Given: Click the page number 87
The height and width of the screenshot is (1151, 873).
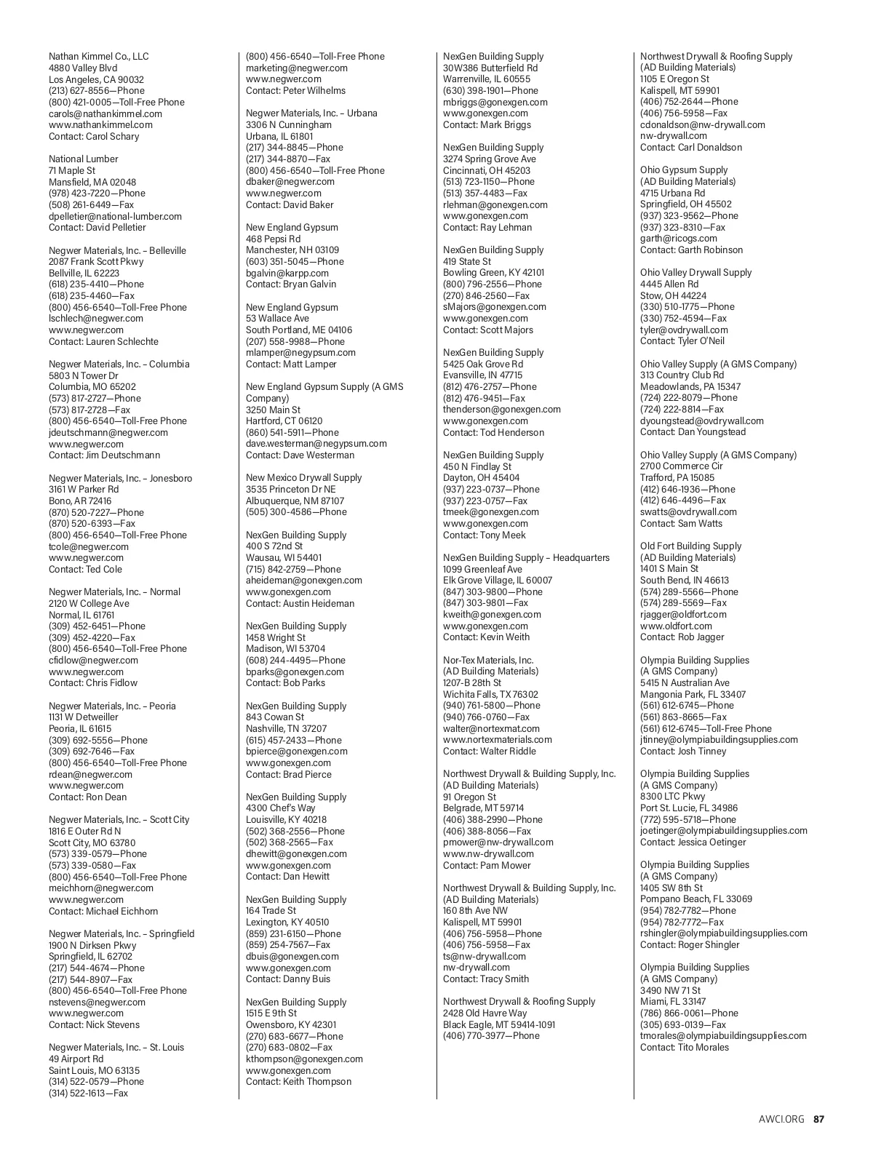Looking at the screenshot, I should point(819,1119).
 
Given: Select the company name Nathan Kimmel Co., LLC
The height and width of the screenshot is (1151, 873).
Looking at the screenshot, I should point(98,57).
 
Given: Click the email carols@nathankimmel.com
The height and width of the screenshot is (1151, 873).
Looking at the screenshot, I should point(105,113).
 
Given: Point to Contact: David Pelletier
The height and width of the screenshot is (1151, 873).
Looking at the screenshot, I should point(97,228).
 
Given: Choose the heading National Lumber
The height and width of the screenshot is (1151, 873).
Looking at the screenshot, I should point(83,159).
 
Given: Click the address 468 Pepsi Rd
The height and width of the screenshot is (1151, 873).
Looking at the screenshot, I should point(273,239).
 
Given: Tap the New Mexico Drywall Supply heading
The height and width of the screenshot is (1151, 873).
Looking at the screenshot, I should point(303,478).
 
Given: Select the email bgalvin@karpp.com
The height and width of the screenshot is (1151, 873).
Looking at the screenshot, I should point(287,273).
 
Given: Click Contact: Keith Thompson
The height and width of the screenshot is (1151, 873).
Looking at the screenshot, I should point(298,1082).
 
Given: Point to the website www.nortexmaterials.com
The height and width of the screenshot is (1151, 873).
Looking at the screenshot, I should point(497,740).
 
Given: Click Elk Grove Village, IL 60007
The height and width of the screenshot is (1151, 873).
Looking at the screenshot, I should point(498,581).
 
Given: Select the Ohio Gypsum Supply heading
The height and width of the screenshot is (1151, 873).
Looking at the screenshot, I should point(684,170).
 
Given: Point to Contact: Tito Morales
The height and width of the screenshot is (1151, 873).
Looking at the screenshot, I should point(684,1048).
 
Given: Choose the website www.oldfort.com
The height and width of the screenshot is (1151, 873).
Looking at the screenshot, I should point(676,626).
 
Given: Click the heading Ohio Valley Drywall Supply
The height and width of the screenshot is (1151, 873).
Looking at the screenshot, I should point(695,273).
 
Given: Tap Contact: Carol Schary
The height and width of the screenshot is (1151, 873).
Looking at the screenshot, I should point(93,137).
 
